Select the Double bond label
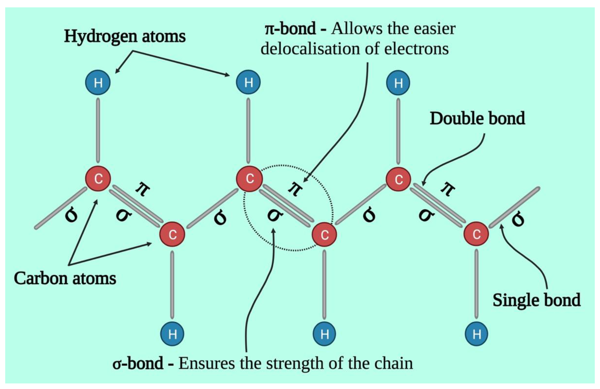[477, 118]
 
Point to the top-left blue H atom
[98, 82]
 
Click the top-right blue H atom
[398, 83]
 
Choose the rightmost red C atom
[476, 234]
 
